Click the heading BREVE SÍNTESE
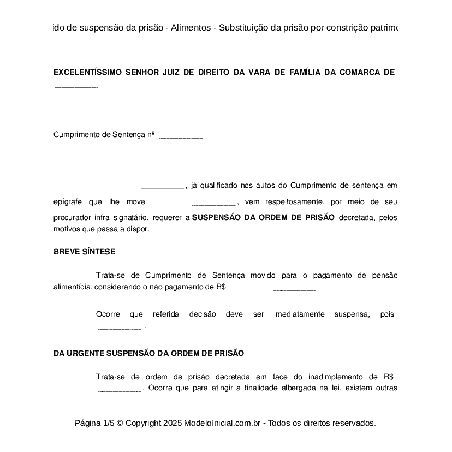84,252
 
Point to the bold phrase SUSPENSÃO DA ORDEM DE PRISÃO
264,217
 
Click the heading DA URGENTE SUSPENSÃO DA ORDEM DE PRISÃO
148,353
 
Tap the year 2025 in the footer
172,423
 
